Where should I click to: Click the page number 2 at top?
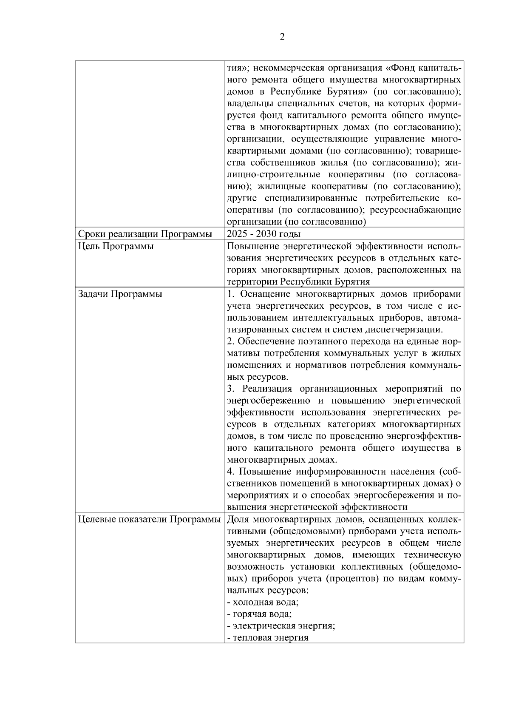(282, 37)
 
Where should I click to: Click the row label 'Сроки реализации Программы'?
(145, 234)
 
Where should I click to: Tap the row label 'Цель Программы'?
(116, 246)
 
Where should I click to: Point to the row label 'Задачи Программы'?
(120, 294)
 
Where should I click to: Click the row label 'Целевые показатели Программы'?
(149, 519)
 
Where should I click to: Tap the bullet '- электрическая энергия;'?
(281, 626)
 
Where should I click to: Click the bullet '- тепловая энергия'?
(267, 638)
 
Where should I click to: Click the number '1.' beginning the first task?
(231, 294)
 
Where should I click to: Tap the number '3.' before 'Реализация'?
(231, 389)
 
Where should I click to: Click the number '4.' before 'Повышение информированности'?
(231, 472)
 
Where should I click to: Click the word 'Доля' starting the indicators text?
(238, 519)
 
